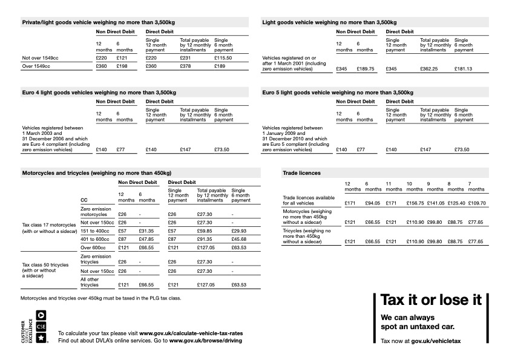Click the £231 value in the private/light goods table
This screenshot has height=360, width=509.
point(185,58)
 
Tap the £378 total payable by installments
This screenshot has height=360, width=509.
point(185,66)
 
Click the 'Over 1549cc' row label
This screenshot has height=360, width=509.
point(34,66)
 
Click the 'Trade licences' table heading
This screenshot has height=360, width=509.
point(301,173)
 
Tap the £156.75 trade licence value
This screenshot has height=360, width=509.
point(415,203)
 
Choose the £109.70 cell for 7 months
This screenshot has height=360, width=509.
point(477,203)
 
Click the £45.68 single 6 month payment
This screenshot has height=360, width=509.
point(240,239)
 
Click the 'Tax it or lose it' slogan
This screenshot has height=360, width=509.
point(430,300)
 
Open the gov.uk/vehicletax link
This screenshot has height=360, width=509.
point(436,342)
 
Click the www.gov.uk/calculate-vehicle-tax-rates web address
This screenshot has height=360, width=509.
point(192,333)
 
